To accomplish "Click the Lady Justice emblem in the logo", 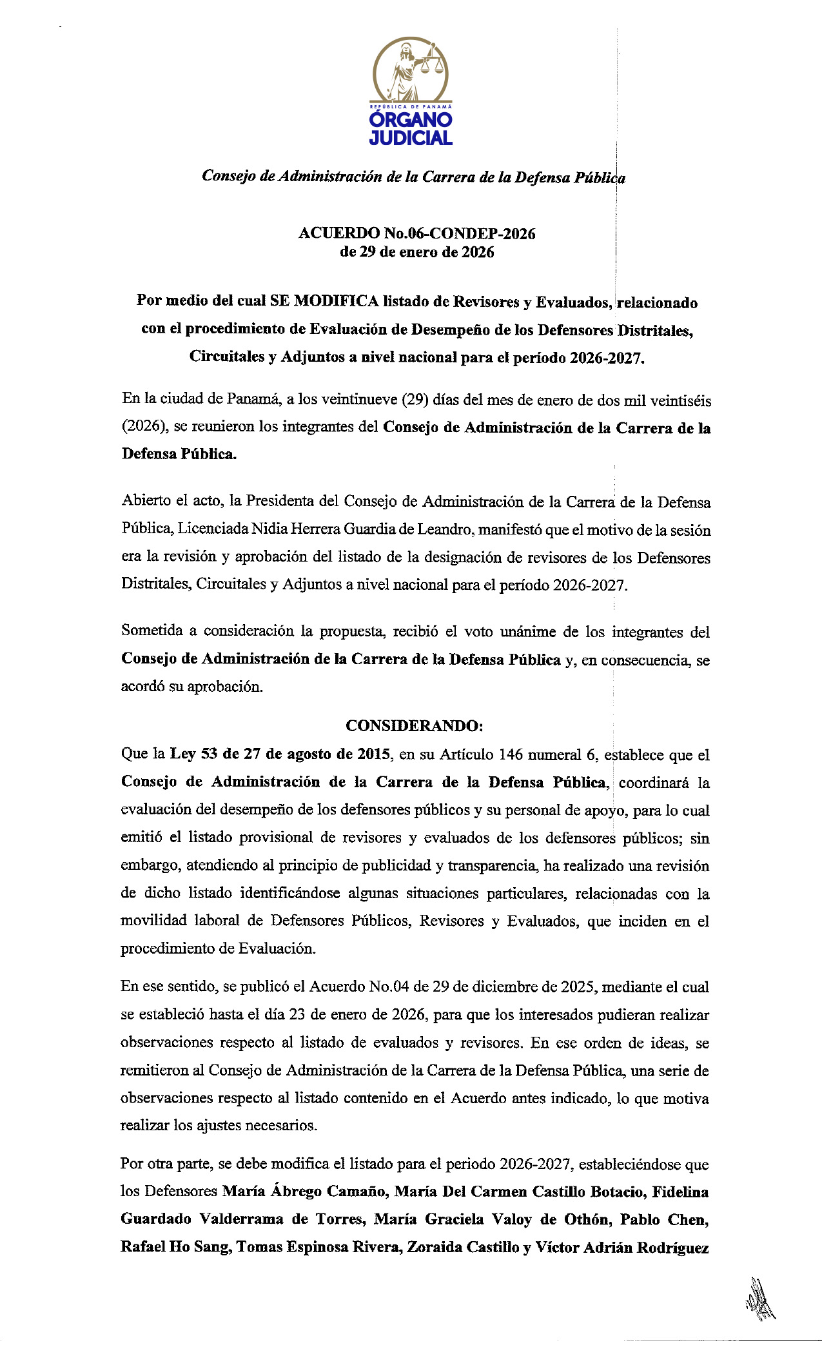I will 411,70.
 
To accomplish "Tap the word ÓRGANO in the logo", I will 411,120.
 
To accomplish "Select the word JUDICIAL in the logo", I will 411,137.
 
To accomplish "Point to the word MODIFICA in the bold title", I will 336,301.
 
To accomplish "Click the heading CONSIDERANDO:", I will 415,725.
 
